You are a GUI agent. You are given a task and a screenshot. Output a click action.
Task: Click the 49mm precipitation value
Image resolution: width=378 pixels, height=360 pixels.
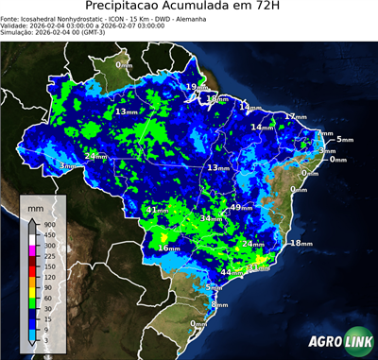click(241, 207)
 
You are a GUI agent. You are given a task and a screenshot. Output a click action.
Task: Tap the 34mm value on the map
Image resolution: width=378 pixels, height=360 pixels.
click(210, 218)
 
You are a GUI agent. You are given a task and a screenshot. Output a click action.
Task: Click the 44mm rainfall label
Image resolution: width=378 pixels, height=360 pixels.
click(232, 272)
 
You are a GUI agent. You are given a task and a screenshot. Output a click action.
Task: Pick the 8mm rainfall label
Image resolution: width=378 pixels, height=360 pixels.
click(220, 304)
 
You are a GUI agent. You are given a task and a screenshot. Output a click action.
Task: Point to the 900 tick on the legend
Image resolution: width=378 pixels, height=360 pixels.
click(48, 225)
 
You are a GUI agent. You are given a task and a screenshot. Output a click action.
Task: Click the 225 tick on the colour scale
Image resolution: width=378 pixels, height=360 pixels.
click(48, 256)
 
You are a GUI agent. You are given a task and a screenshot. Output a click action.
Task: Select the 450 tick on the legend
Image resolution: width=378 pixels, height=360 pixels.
click(48, 235)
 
